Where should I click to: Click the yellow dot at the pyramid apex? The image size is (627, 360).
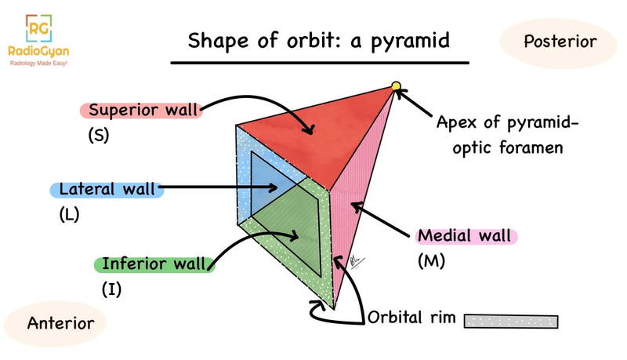pyautogui.click(x=396, y=86)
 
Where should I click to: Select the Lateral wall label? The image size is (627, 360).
pyautogui.click(x=107, y=189)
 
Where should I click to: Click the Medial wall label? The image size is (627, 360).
pyautogui.click(x=465, y=235)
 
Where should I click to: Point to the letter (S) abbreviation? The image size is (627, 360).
pyautogui.click(x=98, y=135)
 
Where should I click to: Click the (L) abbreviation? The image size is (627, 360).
pyautogui.click(x=70, y=213)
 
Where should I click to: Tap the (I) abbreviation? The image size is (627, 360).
pyautogui.click(x=111, y=289)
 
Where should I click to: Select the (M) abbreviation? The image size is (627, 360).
pyautogui.click(x=432, y=260)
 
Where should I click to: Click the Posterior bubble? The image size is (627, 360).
pyautogui.click(x=560, y=42)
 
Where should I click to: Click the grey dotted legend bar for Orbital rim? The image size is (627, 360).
pyautogui.click(x=511, y=321)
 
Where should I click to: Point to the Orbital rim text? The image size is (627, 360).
pyautogui.click(x=412, y=320)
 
